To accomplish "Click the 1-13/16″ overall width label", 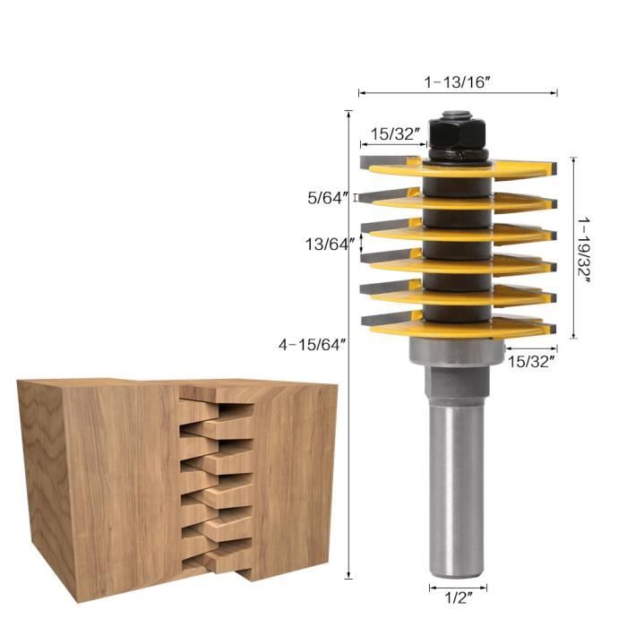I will point(457,81).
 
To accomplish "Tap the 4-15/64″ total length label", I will point(312,344).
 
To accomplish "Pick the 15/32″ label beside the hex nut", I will point(394,133).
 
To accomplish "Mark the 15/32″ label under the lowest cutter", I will point(531,361).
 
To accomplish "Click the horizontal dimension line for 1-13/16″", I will point(458,92).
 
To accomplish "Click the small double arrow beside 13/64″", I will point(364,242).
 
